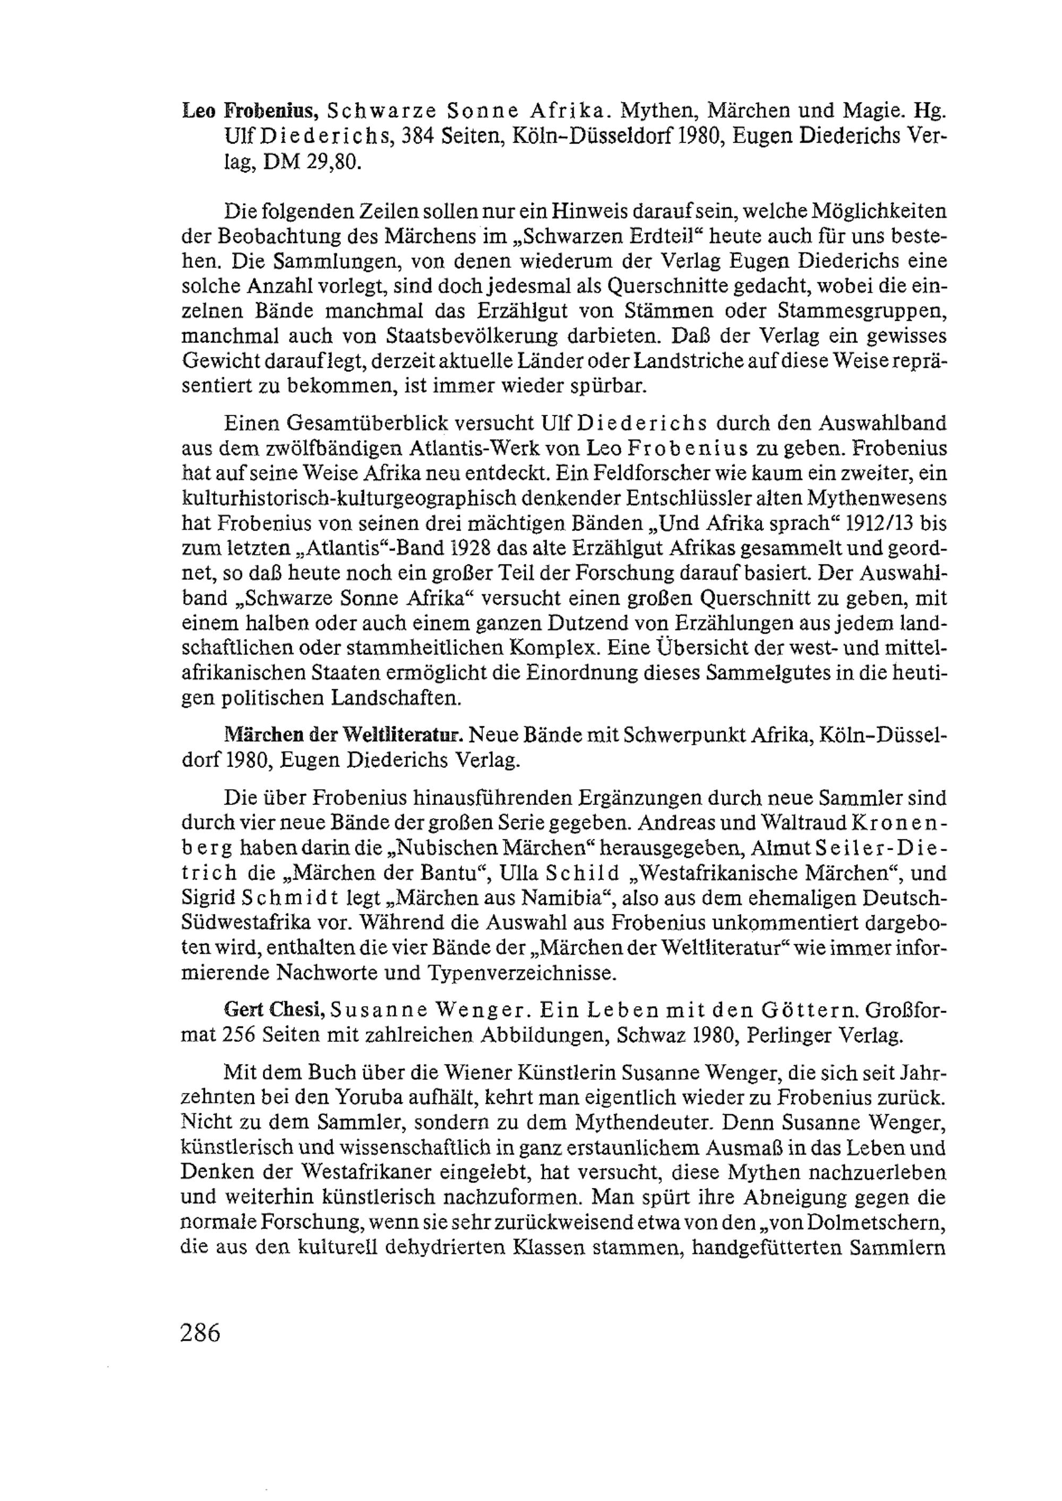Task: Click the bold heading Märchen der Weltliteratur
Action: [344, 735]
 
